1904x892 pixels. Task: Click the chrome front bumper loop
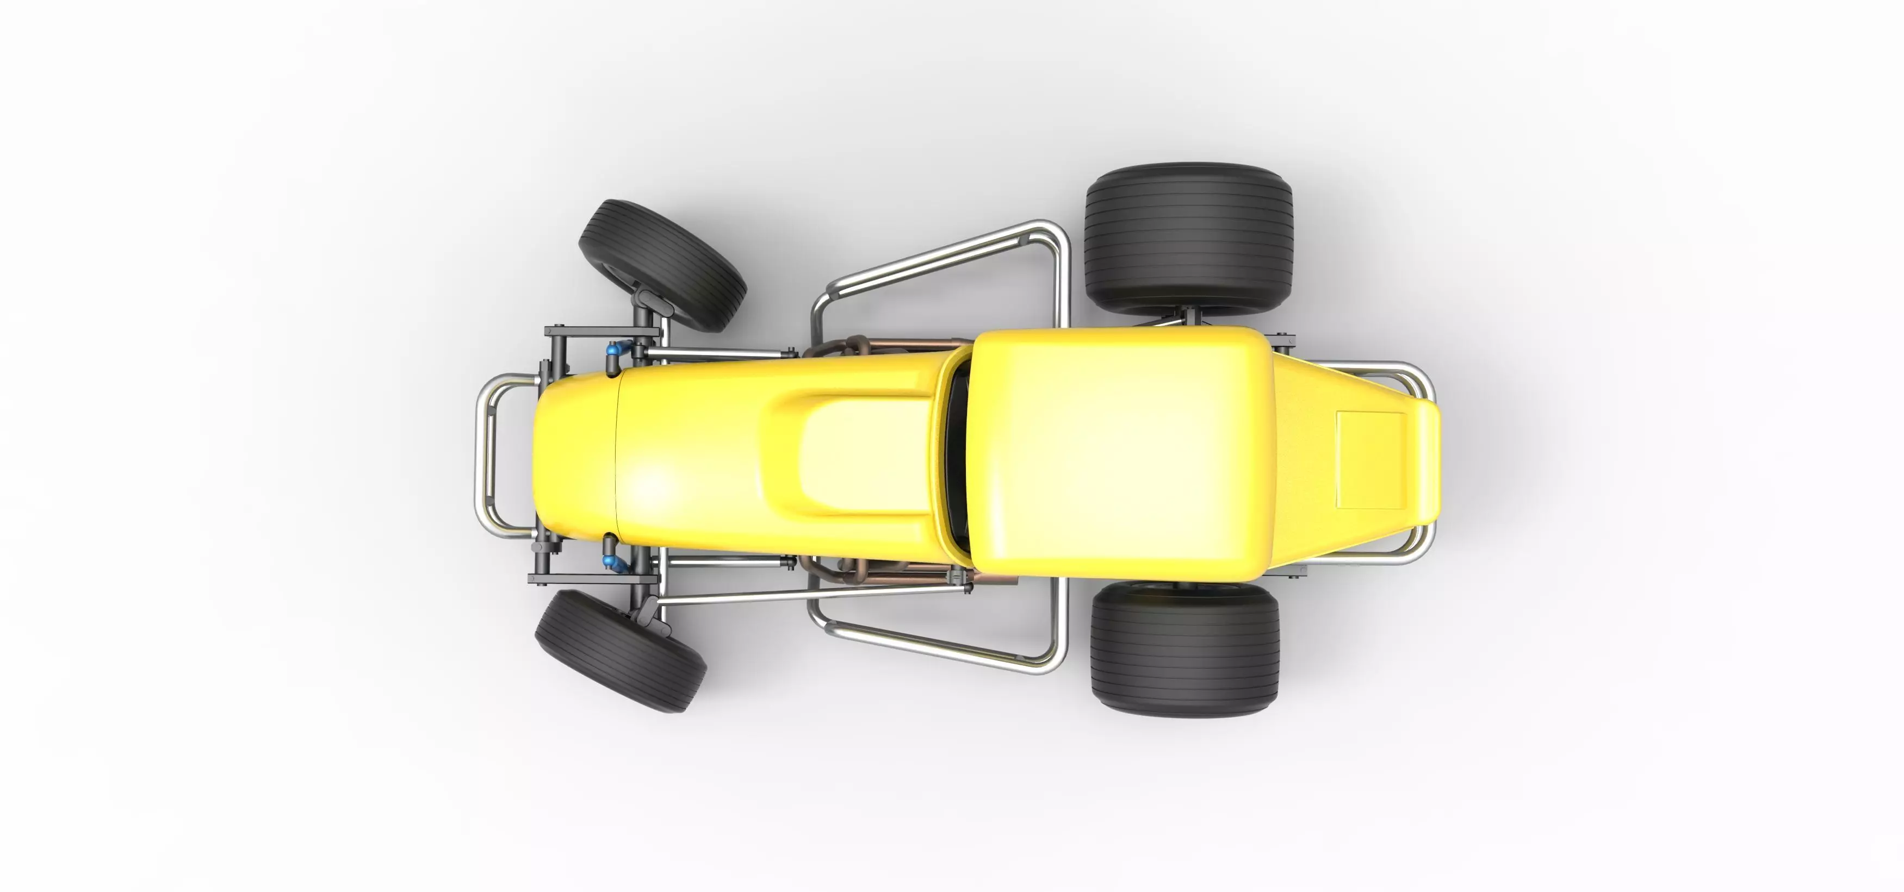(484, 454)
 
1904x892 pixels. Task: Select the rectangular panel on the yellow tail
(1369, 460)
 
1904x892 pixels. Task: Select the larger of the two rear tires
(1188, 238)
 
